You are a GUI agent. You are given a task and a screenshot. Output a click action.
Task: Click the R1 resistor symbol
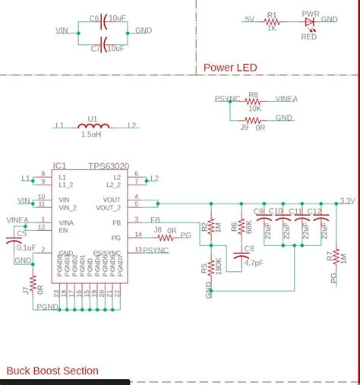click(271, 22)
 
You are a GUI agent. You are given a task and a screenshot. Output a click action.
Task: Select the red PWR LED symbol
click(309, 22)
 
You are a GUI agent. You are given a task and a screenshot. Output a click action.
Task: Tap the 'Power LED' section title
click(230, 68)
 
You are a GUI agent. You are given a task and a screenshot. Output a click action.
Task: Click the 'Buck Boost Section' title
click(52, 371)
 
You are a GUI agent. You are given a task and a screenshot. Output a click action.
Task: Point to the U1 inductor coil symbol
click(92, 126)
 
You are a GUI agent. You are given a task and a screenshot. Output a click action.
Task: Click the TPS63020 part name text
click(109, 166)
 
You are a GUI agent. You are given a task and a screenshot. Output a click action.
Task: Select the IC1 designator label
click(60, 166)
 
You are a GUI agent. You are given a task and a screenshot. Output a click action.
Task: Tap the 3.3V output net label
click(347, 201)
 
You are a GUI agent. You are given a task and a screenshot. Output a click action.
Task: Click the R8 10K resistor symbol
click(253, 102)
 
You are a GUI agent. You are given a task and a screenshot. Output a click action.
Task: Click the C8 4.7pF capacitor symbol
click(242, 257)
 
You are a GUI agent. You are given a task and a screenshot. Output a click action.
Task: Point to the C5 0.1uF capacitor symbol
click(15, 241)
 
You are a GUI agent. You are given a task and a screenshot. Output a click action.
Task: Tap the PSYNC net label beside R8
click(227, 99)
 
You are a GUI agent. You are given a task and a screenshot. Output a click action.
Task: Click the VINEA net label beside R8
click(286, 99)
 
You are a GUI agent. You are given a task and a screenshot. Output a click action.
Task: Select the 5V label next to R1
click(249, 20)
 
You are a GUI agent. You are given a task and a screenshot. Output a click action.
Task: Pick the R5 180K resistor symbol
click(210, 267)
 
